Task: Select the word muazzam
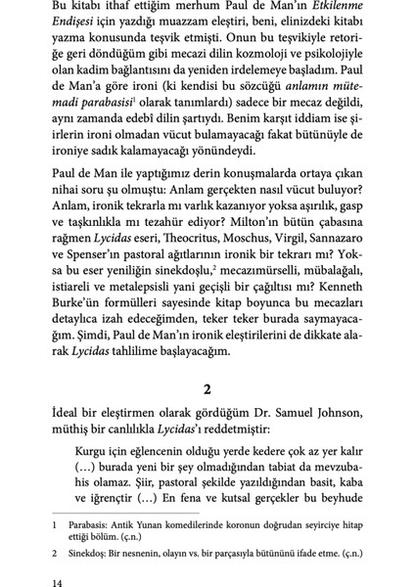click(x=206, y=26)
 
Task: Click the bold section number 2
click(x=207, y=387)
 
